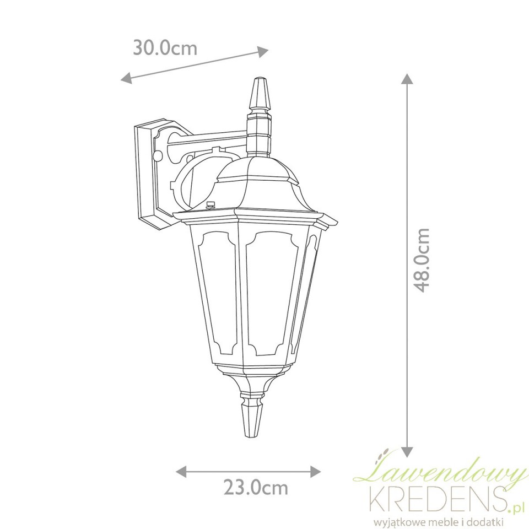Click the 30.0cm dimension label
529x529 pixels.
165,47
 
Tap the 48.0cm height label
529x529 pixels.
422,260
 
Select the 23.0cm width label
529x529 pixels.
256,488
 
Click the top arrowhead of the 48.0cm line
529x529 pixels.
407,78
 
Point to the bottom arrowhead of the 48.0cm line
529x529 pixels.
407,452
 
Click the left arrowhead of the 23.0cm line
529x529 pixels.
182,471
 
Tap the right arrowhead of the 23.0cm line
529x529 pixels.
315,471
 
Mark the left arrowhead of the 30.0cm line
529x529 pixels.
126,78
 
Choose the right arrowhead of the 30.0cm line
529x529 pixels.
263,52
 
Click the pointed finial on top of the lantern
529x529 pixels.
259,98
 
